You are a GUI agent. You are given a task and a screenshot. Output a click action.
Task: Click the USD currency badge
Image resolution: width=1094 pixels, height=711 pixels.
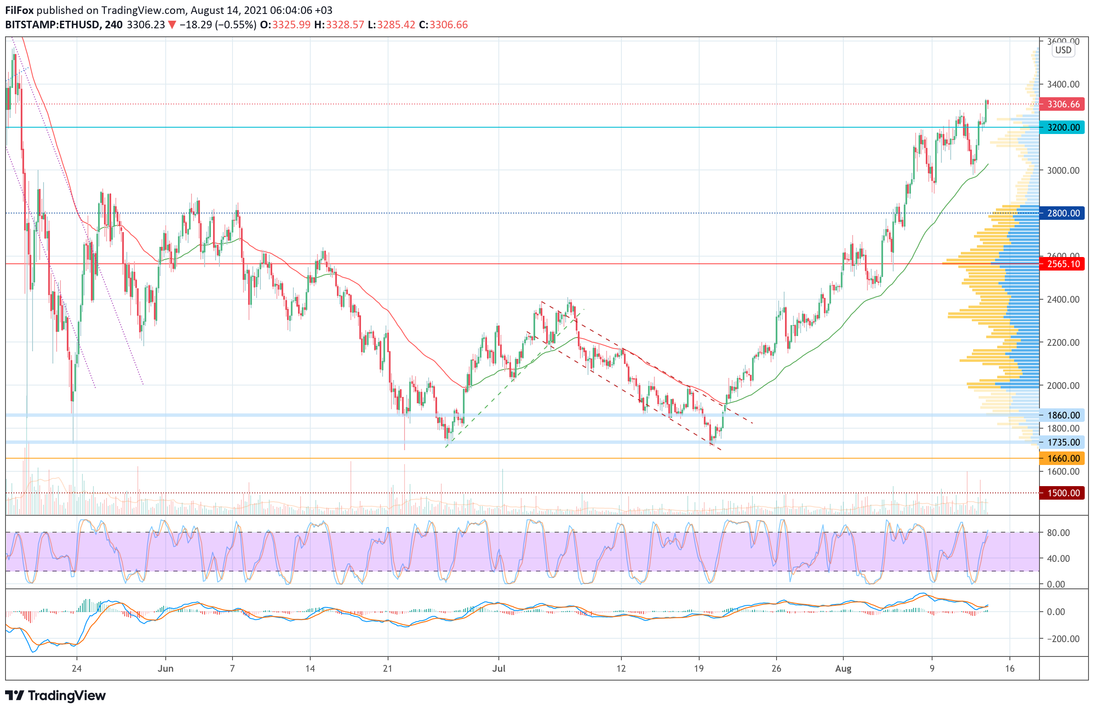pyautogui.click(x=1063, y=50)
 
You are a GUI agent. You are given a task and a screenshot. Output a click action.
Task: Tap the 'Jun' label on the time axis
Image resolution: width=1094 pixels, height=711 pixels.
pyautogui.click(x=165, y=669)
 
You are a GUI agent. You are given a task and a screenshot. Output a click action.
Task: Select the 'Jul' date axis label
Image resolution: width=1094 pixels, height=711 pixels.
pyautogui.click(x=499, y=669)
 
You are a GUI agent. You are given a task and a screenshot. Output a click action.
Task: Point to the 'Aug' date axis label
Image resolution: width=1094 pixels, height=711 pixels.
pyautogui.click(x=843, y=669)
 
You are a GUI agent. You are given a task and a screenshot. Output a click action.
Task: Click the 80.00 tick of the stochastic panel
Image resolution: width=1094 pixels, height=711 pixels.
pyautogui.click(x=1058, y=533)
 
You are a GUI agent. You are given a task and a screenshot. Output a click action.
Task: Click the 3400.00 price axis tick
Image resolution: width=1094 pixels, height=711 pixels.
pyautogui.click(x=1063, y=85)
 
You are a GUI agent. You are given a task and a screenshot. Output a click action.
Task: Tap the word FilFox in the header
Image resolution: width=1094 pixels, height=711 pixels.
pyautogui.click(x=19, y=10)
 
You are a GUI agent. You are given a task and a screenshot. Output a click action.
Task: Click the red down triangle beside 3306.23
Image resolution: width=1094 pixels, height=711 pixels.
pyautogui.click(x=172, y=25)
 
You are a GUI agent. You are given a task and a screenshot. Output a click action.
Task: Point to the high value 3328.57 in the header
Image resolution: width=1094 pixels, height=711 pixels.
pyautogui.click(x=345, y=25)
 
